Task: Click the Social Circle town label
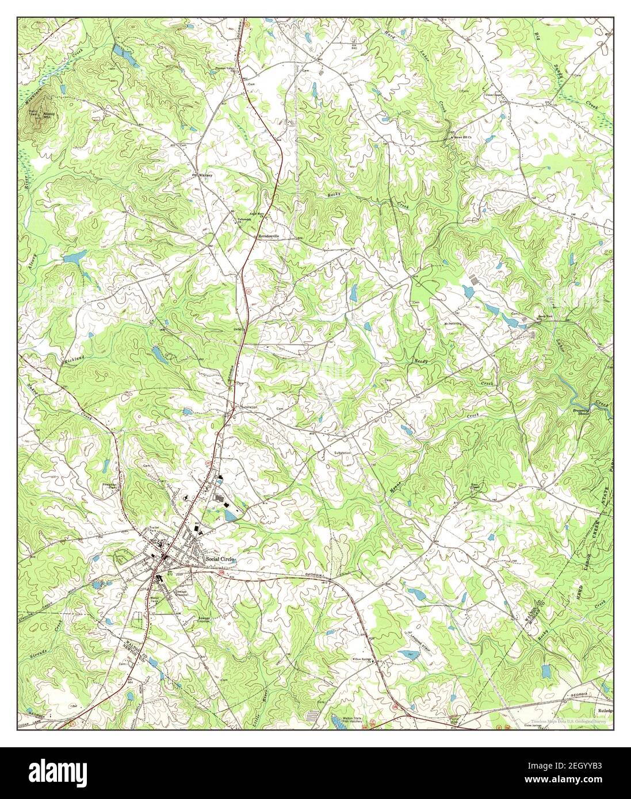(x=220, y=559)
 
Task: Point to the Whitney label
(x=205, y=175)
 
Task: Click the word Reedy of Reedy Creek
(x=422, y=361)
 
